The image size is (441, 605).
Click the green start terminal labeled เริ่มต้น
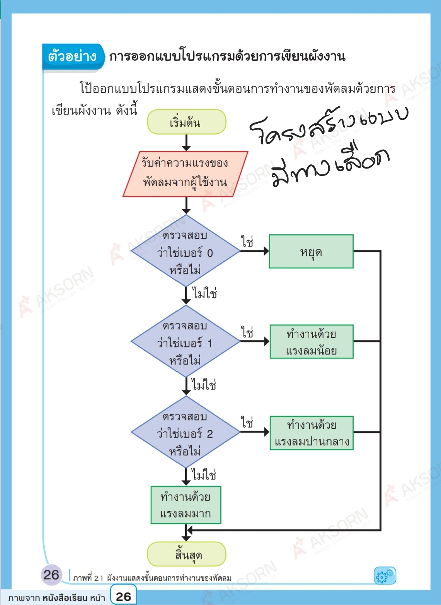pos(186,122)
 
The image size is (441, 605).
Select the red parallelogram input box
pos(185,174)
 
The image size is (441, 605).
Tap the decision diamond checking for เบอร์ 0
pos(186,252)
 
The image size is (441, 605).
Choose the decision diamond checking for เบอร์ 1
pos(186,342)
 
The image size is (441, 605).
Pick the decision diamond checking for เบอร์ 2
pos(186,433)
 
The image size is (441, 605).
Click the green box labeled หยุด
pos(311,252)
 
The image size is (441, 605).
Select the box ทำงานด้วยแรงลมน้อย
pos(311,342)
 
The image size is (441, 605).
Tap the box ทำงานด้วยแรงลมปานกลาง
pos(311,433)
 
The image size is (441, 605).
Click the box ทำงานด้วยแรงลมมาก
pos(186,505)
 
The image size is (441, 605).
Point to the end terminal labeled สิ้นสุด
pos(186,554)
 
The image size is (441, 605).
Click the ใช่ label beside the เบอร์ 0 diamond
pos(248,242)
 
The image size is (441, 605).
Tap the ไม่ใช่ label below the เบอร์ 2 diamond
pos(204,475)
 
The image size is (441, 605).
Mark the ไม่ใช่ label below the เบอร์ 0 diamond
pos(205,294)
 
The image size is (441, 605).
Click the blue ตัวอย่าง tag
pos(73,57)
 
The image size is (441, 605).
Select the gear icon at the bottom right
pos(385,576)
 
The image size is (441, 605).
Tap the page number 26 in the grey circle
pos(51,575)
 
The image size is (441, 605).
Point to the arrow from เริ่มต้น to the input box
pos(186,142)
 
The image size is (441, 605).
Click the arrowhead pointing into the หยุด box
pos(266,251)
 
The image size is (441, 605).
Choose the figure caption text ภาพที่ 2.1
pos(88,578)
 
